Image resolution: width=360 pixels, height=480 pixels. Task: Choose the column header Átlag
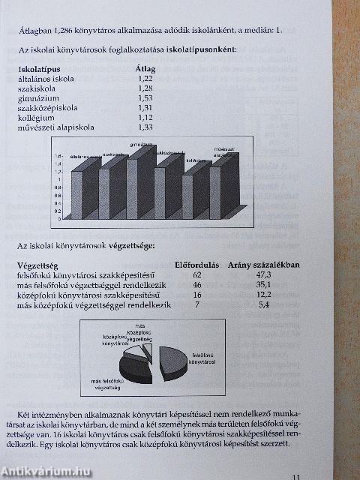(145, 69)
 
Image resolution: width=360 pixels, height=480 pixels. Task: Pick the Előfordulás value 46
(197, 286)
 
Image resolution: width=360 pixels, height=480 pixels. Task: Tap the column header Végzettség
(43, 265)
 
